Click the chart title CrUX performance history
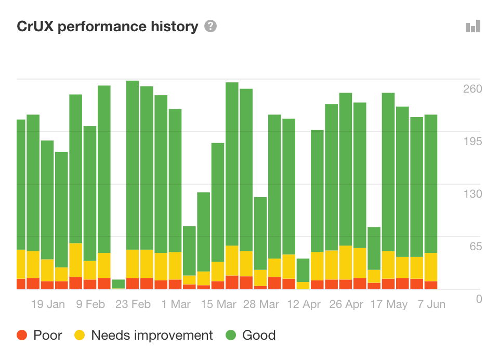[x=108, y=27]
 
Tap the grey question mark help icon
[x=211, y=26]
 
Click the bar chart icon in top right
[x=473, y=27]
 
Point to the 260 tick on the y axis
[x=472, y=88]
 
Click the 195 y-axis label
[x=472, y=142]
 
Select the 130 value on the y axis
[x=472, y=194]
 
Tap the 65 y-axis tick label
[x=476, y=246]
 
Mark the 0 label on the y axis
[x=479, y=299]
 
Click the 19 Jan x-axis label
[x=48, y=304]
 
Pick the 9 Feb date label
[x=90, y=304]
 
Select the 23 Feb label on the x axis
[x=133, y=304]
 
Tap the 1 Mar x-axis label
[x=176, y=304]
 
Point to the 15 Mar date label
[x=218, y=304]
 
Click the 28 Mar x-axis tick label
[x=261, y=304]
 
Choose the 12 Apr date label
[x=304, y=304]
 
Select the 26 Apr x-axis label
[x=346, y=304]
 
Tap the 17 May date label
[x=389, y=304]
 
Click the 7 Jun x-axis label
[x=431, y=304]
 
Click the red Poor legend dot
[x=22, y=336]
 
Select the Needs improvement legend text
[x=152, y=336]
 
